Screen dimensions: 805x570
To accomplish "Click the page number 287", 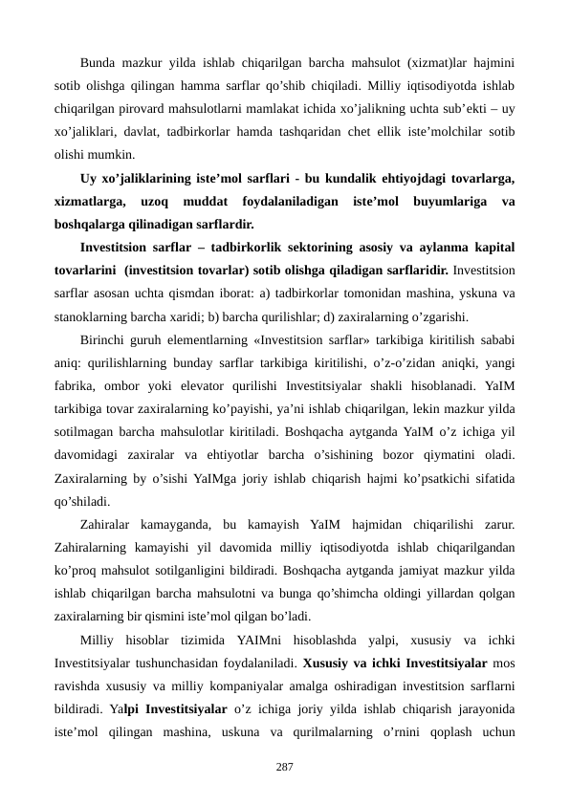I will click(284, 767).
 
